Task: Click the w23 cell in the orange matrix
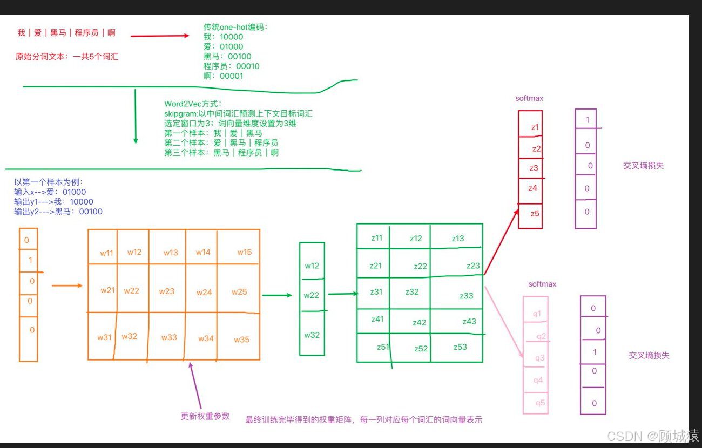167,291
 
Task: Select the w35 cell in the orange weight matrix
241,340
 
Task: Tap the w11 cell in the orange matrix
106,253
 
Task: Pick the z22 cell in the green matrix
420,266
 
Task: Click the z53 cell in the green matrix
460,347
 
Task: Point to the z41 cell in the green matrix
377,319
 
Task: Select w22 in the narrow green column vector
312,295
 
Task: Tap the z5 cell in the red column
535,213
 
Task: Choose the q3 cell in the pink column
539,358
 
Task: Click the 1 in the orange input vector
30,260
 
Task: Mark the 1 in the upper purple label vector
588,119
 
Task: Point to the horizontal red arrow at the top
160,36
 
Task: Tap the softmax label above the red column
529,98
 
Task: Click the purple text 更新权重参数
205,416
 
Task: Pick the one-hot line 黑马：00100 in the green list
227,56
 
